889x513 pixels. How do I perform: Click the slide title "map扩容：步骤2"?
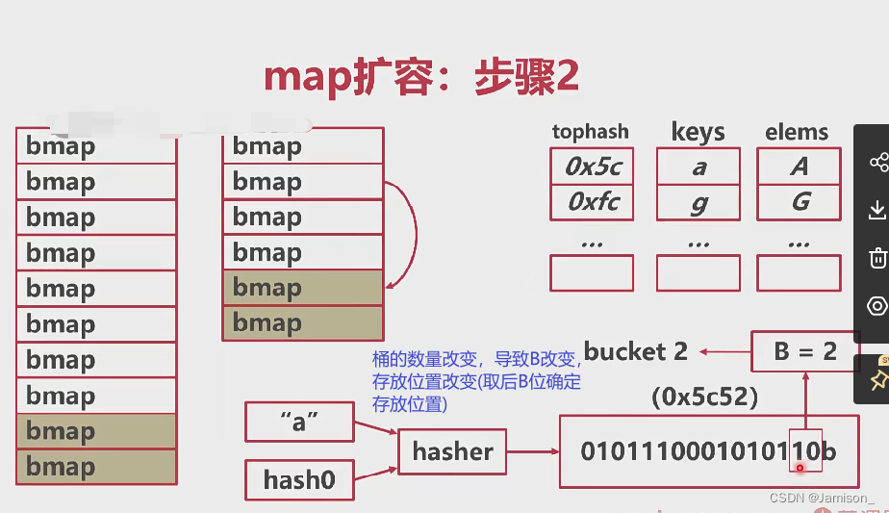pyautogui.click(x=421, y=79)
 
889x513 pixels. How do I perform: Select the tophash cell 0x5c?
pyautogui.click(x=593, y=167)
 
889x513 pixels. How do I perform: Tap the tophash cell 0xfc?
pyautogui.click(x=593, y=202)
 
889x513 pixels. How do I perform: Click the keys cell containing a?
pyautogui.click(x=698, y=167)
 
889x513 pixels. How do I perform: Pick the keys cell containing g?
pyautogui.click(x=698, y=202)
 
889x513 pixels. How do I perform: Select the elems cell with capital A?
pyautogui.click(x=799, y=167)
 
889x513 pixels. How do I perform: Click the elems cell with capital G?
pyautogui.click(x=799, y=202)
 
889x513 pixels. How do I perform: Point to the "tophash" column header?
pyautogui.click(x=590, y=132)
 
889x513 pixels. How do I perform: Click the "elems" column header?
pyautogui.click(x=797, y=132)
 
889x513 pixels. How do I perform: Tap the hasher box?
pyautogui.click(x=452, y=451)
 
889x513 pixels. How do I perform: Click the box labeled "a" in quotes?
pyautogui.click(x=299, y=423)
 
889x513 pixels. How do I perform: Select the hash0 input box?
pyautogui.click(x=299, y=480)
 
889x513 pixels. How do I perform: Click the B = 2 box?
pyautogui.click(x=805, y=352)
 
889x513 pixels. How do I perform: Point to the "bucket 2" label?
pyautogui.click(x=635, y=352)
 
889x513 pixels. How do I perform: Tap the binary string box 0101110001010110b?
pyautogui.click(x=707, y=451)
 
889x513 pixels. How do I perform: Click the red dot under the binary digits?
pyautogui.click(x=800, y=467)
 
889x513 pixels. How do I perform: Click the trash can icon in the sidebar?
pyautogui.click(x=877, y=258)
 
